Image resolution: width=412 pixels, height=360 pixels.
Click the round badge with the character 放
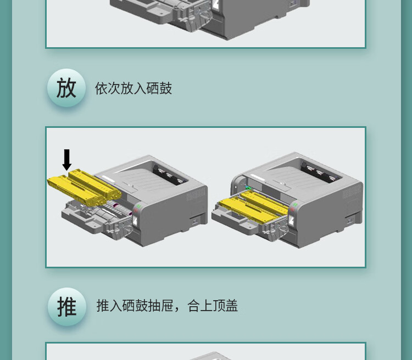[x=66, y=88]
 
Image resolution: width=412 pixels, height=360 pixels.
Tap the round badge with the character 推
[x=66, y=307]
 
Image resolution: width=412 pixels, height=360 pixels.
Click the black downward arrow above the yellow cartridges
[x=66, y=160]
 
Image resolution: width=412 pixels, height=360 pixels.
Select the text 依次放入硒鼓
[x=133, y=88]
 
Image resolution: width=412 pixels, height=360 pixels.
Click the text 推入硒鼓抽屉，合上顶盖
[x=167, y=305]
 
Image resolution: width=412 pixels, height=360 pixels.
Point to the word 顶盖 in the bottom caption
[x=225, y=305]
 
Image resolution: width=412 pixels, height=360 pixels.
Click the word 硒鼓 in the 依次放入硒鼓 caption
[x=159, y=88]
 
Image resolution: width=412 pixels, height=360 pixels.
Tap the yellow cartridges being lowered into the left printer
[x=84, y=187]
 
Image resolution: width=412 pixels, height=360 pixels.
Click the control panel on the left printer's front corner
[x=137, y=215]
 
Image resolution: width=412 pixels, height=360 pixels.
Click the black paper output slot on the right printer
[x=321, y=172]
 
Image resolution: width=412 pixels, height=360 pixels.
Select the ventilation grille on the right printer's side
[x=352, y=192]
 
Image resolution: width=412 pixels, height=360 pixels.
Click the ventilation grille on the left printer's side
[x=196, y=194]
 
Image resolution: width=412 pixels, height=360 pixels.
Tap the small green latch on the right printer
[x=248, y=188]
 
